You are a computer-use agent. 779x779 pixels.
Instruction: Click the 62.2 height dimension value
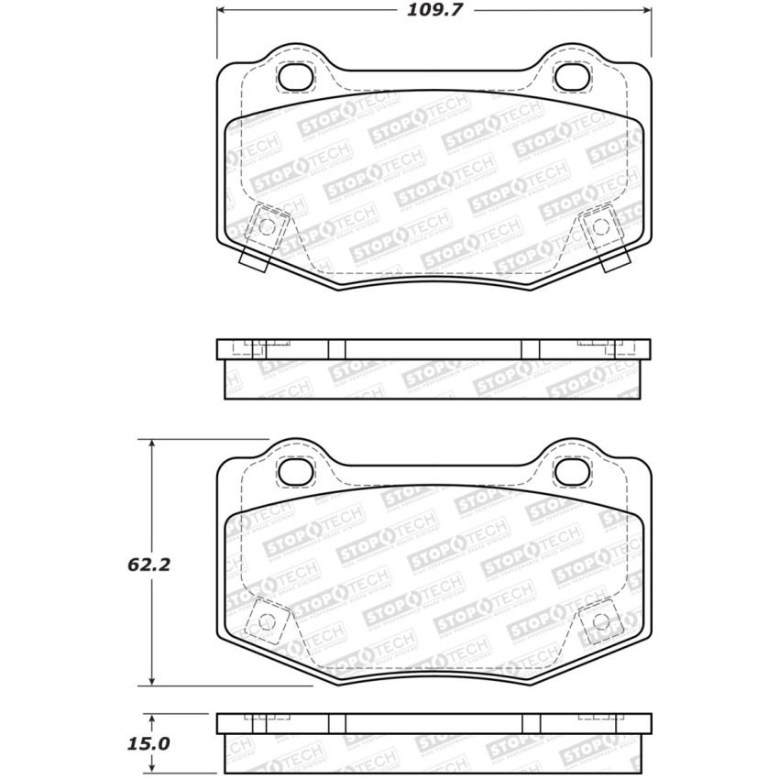click(x=148, y=565)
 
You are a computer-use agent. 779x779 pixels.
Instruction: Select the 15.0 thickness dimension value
click(x=148, y=743)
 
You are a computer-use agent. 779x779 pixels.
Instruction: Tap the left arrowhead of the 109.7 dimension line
click(x=222, y=11)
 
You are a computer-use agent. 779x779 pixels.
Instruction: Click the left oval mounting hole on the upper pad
click(x=295, y=78)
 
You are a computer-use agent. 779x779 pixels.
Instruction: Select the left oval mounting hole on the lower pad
click(x=295, y=471)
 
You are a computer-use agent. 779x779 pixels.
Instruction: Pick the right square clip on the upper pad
click(x=600, y=225)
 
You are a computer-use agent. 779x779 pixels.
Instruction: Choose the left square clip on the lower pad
click(x=267, y=620)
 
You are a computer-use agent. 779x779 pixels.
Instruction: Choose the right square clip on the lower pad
click(x=601, y=620)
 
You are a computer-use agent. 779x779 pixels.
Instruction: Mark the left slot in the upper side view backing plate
click(x=336, y=349)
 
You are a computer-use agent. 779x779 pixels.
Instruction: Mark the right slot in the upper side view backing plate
click(x=531, y=349)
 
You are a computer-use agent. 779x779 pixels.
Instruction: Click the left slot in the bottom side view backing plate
click(x=336, y=724)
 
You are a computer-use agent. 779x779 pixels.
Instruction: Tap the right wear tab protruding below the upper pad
click(x=614, y=260)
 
